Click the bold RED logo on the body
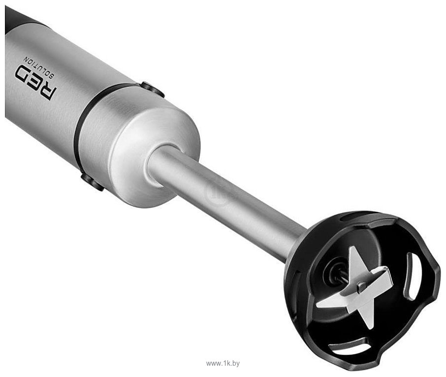coord(36,83)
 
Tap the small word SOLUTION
coord(40,67)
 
